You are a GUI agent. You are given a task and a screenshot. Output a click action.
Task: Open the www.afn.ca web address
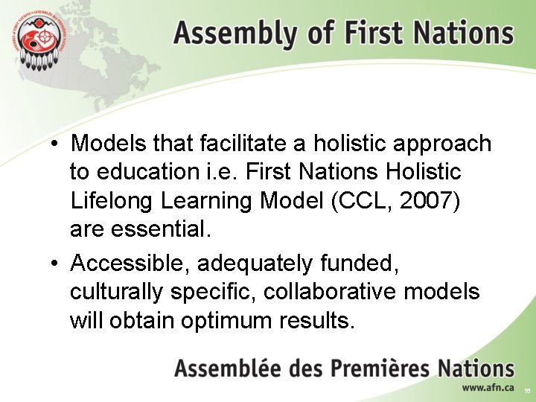(488, 387)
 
